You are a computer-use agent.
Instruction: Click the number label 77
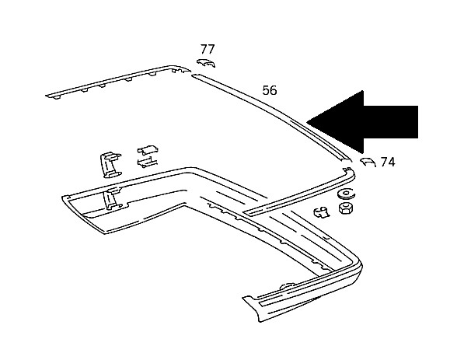tap(208, 49)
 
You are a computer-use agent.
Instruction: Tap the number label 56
tap(270, 90)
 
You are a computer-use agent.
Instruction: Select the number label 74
tap(388, 162)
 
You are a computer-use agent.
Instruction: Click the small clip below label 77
tap(206, 62)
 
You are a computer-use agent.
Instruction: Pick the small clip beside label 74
tap(368, 162)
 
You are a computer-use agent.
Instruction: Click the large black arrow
tap(362, 122)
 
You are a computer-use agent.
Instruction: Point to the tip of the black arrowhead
tap(307, 122)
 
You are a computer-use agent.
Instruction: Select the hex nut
tap(346, 208)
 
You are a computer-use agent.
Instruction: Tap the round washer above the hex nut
tap(347, 194)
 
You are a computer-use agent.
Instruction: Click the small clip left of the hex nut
tap(322, 212)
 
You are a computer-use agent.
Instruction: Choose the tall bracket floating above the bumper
tap(110, 165)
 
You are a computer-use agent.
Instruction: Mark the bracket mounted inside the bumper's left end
tap(113, 198)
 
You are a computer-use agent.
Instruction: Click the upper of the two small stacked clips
tap(148, 150)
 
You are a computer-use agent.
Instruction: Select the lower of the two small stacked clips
tap(147, 162)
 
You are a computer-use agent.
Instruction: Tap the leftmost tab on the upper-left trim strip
tap(56, 96)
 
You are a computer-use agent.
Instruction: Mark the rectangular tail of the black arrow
tap(391, 122)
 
